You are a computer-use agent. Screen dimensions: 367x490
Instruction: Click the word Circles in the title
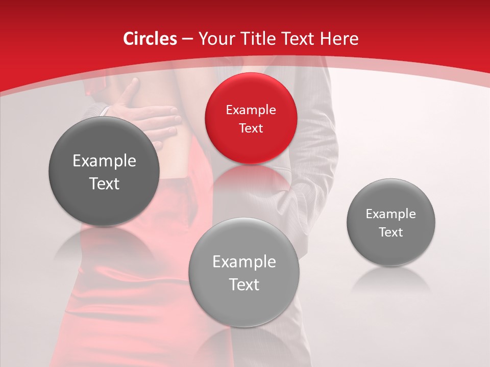[x=150, y=39]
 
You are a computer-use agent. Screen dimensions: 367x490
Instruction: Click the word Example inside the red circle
[x=251, y=110]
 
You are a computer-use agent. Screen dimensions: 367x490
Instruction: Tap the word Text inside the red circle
[x=251, y=128]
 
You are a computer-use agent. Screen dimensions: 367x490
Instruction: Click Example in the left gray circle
[x=104, y=161]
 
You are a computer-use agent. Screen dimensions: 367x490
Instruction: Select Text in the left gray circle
[x=104, y=183]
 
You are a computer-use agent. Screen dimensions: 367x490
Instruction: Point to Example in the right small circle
[x=390, y=214]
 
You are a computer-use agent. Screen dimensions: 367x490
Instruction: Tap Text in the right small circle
[x=390, y=232]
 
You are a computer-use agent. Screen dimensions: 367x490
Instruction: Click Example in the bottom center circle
[x=244, y=262]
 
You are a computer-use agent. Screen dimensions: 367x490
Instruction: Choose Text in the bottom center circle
[x=244, y=284]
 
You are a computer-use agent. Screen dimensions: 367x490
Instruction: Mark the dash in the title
[x=187, y=39]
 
